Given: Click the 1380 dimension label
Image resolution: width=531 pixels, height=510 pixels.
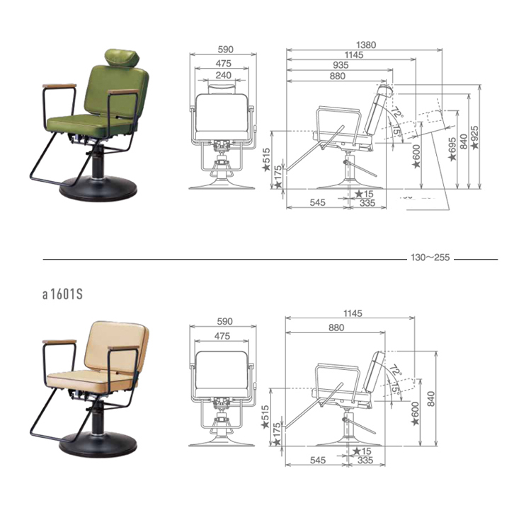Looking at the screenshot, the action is click(x=366, y=45).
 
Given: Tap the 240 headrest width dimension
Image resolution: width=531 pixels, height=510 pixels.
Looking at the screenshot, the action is click(x=224, y=75).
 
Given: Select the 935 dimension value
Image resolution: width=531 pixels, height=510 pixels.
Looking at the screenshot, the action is click(x=341, y=65).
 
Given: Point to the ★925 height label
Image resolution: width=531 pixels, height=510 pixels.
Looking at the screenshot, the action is click(x=475, y=137).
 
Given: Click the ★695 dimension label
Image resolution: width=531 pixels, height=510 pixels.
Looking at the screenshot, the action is click(x=452, y=149).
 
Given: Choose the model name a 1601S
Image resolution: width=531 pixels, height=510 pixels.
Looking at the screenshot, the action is click(x=62, y=294).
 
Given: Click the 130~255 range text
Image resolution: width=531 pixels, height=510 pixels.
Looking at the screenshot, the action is click(x=430, y=257).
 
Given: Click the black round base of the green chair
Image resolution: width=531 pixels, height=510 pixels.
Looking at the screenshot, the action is click(x=98, y=190).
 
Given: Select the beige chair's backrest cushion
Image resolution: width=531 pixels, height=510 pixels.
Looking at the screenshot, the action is click(x=117, y=345).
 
